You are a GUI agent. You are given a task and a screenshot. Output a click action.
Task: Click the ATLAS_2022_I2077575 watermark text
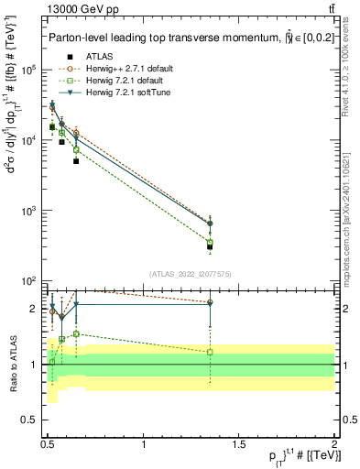point(191,274)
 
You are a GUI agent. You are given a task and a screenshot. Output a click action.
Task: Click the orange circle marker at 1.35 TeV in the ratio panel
point(211,302)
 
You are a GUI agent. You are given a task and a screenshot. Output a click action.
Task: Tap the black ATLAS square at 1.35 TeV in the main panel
point(211,246)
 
